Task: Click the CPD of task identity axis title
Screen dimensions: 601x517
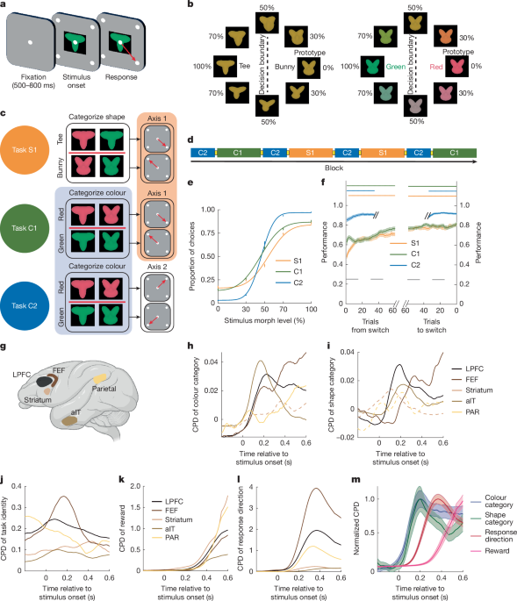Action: coord(8,522)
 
